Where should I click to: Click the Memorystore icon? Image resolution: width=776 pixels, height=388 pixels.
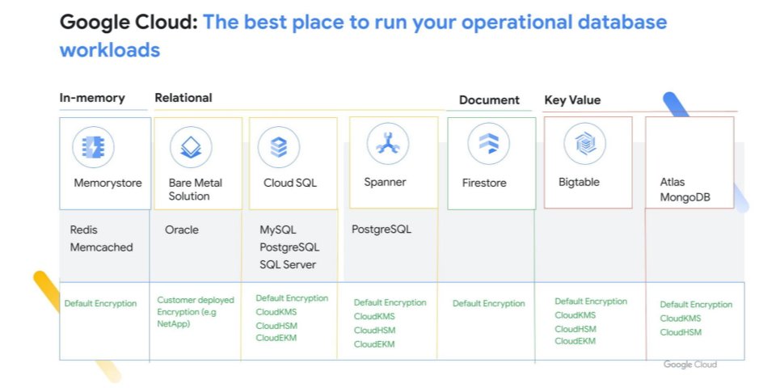93,147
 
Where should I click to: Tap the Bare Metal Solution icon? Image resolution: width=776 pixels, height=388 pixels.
191,147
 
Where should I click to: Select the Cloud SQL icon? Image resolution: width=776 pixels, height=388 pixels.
279,147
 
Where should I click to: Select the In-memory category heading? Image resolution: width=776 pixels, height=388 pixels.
92,98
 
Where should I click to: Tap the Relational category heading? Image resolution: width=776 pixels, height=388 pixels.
183,98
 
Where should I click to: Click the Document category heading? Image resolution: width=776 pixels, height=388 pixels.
489,100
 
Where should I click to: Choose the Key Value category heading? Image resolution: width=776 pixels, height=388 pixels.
572,100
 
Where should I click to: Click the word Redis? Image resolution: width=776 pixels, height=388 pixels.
84,230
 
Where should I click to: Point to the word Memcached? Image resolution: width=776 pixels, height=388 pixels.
102,247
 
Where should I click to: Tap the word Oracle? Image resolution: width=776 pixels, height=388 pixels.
182,230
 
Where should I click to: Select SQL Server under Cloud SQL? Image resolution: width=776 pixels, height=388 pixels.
288,265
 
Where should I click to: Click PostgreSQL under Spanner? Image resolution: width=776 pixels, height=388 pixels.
382,230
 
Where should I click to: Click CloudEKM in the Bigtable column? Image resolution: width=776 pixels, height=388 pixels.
575,341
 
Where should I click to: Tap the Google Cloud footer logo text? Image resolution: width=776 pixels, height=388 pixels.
690,365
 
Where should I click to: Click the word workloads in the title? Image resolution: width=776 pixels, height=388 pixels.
110,50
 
